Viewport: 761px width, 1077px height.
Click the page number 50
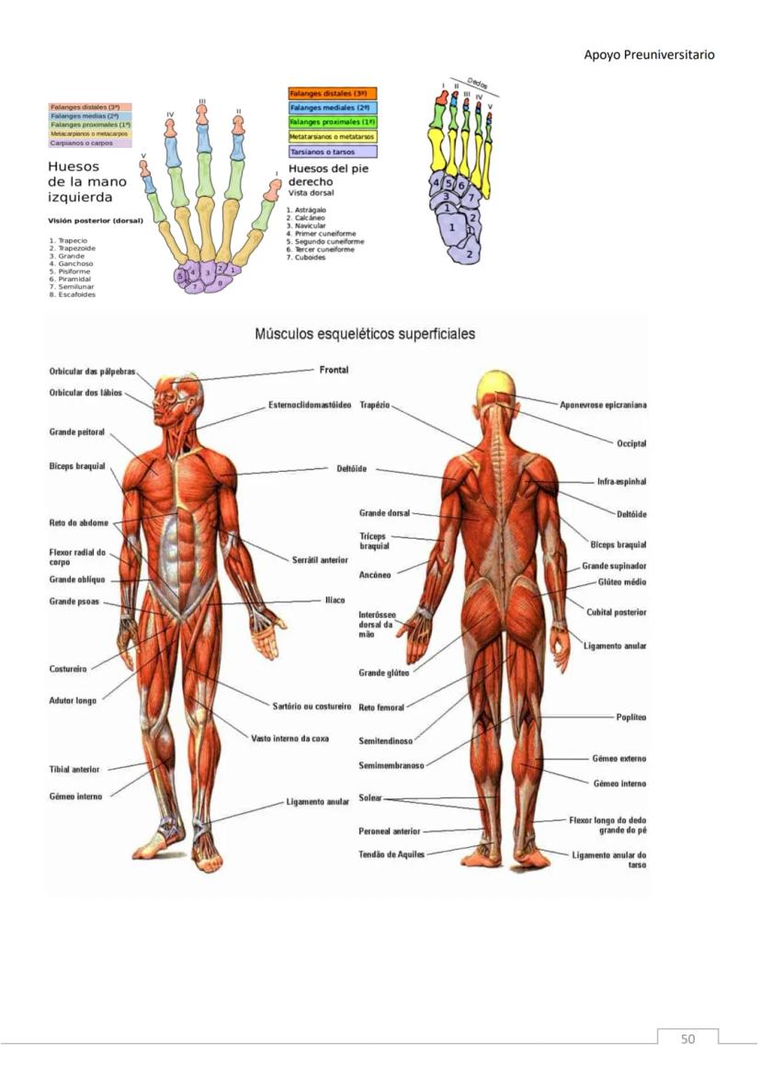pos(687,1039)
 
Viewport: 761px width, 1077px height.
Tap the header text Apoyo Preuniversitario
pos(649,55)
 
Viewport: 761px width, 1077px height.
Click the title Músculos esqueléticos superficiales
pos(365,334)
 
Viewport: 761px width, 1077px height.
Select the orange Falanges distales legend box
pos(333,93)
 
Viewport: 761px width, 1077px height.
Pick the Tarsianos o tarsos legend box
pos(332,151)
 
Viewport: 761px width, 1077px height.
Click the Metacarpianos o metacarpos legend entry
pos(89,133)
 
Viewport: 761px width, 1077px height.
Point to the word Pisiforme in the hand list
pos(74,271)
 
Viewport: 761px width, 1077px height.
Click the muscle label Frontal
pos(333,370)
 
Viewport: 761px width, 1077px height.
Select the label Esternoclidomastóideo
pos(310,405)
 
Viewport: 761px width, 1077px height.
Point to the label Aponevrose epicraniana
pos(603,404)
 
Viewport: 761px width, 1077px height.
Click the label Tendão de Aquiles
pos(392,854)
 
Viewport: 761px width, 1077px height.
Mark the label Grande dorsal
pos(384,512)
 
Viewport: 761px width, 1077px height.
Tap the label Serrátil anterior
pos(320,559)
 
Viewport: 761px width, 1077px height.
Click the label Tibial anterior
pos(74,769)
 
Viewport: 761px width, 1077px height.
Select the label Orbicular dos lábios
pos(85,393)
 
